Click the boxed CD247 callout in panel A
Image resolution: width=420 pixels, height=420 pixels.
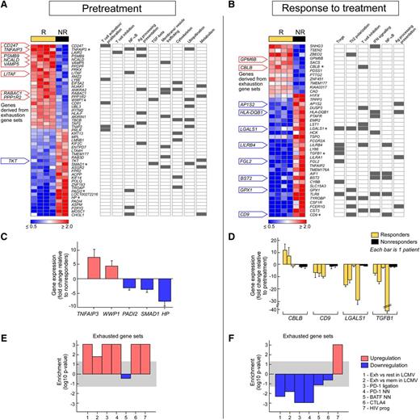[x=17, y=46]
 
